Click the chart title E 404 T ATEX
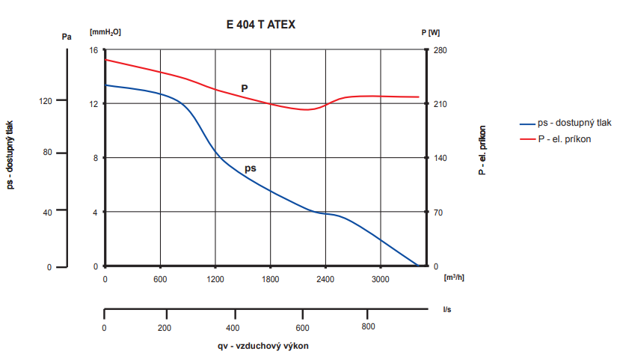[x=261, y=24]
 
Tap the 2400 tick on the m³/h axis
[x=325, y=280]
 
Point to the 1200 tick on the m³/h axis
[x=215, y=280]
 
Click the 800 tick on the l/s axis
[x=368, y=327]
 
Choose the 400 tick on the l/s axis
[x=233, y=327]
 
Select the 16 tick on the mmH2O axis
[x=94, y=50]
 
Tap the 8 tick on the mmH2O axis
[x=96, y=158]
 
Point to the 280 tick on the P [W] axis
[x=441, y=50]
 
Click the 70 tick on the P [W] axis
[x=439, y=213]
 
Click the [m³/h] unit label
[x=454, y=278]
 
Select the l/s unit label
[x=447, y=308]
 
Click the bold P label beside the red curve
[x=245, y=88]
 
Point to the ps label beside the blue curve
[x=251, y=168]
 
